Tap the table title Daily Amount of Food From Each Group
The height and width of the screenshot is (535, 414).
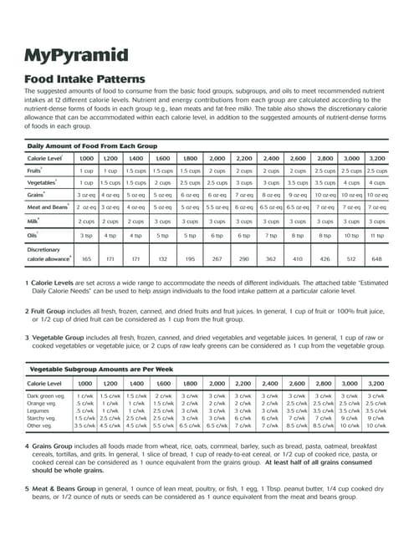pos(94,145)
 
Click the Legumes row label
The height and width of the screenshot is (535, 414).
pos(39,410)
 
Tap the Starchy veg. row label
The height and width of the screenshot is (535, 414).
pos(43,418)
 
